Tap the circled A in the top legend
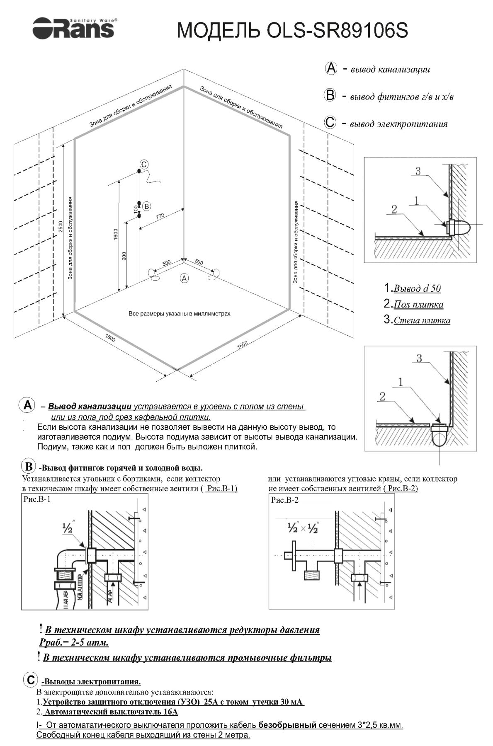pos(331,68)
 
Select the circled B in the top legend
pos(330,96)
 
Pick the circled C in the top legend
pos(330,123)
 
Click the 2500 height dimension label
pos(61,227)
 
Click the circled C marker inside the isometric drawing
pos(143,165)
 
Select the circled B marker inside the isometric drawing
pos(146,206)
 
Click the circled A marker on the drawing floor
pos(184,279)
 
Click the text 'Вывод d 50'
pos(417,288)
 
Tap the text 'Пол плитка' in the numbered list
pos(418,305)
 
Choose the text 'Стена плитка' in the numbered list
pos(422,320)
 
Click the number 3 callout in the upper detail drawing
pos(418,171)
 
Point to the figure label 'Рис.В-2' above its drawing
pos(284,500)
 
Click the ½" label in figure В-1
pos(67,528)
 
